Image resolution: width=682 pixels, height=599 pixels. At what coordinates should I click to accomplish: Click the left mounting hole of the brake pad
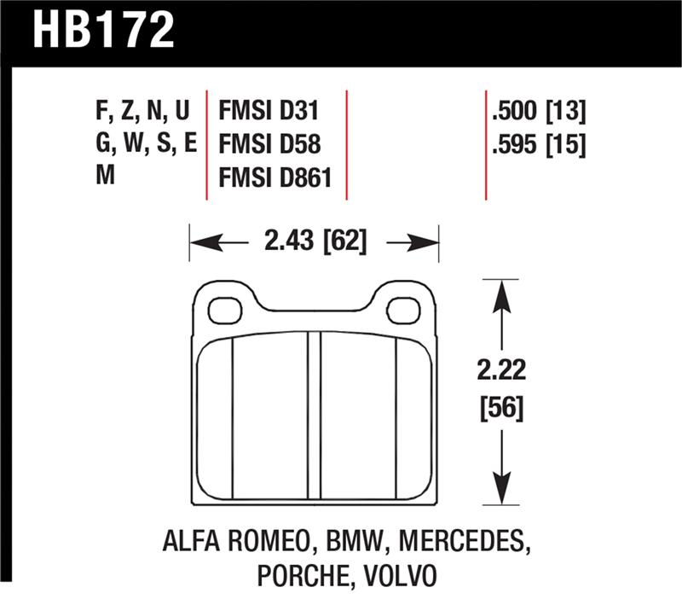click(x=224, y=310)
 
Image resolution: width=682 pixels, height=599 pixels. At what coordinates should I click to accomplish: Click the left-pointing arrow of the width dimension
click(x=205, y=244)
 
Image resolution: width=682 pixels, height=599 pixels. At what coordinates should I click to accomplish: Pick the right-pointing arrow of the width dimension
click(x=424, y=244)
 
